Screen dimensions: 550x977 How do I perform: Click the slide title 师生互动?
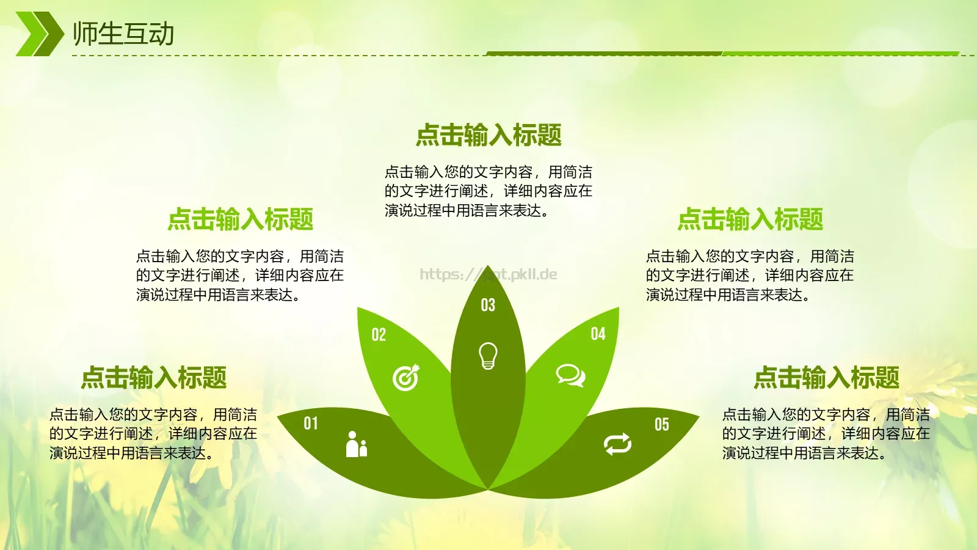(123, 34)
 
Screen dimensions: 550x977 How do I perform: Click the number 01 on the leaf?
(311, 423)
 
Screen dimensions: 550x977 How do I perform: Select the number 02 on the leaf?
(379, 334)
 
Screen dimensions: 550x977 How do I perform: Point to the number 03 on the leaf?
(488, 305)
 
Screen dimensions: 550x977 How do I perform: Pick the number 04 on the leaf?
(598, 334)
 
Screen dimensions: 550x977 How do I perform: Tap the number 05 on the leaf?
(662, 424)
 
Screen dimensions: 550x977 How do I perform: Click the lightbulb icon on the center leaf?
(488, 356)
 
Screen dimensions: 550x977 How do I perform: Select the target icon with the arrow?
(406, 378)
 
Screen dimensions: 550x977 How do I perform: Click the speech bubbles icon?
(570, 375)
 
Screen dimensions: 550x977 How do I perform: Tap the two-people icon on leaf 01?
(356, 444)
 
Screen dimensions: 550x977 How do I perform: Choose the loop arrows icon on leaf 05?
(617, 444)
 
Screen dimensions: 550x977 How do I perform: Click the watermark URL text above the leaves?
(488, 274)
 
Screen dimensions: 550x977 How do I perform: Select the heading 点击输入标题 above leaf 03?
(488, 135)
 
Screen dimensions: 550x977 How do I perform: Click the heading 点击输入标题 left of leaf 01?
(154, 378)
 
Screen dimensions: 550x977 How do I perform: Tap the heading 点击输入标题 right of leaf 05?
(826, 378)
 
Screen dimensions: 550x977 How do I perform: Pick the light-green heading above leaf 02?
(241, 219)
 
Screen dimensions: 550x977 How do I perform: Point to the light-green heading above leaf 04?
(750, 219)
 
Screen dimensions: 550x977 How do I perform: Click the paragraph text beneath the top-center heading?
(488, 191)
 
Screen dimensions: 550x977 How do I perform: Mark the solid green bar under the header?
(721, 53)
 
